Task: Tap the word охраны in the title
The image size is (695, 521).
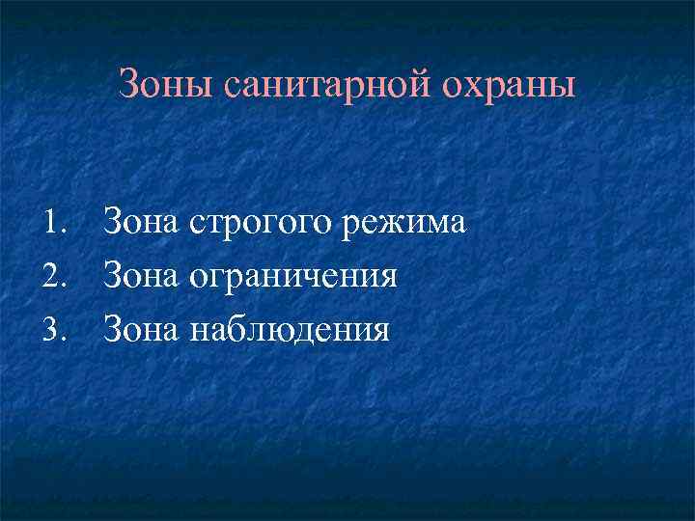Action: coord(510,85)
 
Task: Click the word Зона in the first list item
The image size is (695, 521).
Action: coord(140,223)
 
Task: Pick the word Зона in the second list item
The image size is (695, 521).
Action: coord(140,277)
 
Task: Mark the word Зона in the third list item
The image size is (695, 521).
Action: coord(140,331)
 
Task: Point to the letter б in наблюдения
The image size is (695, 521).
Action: coord(241,331)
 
